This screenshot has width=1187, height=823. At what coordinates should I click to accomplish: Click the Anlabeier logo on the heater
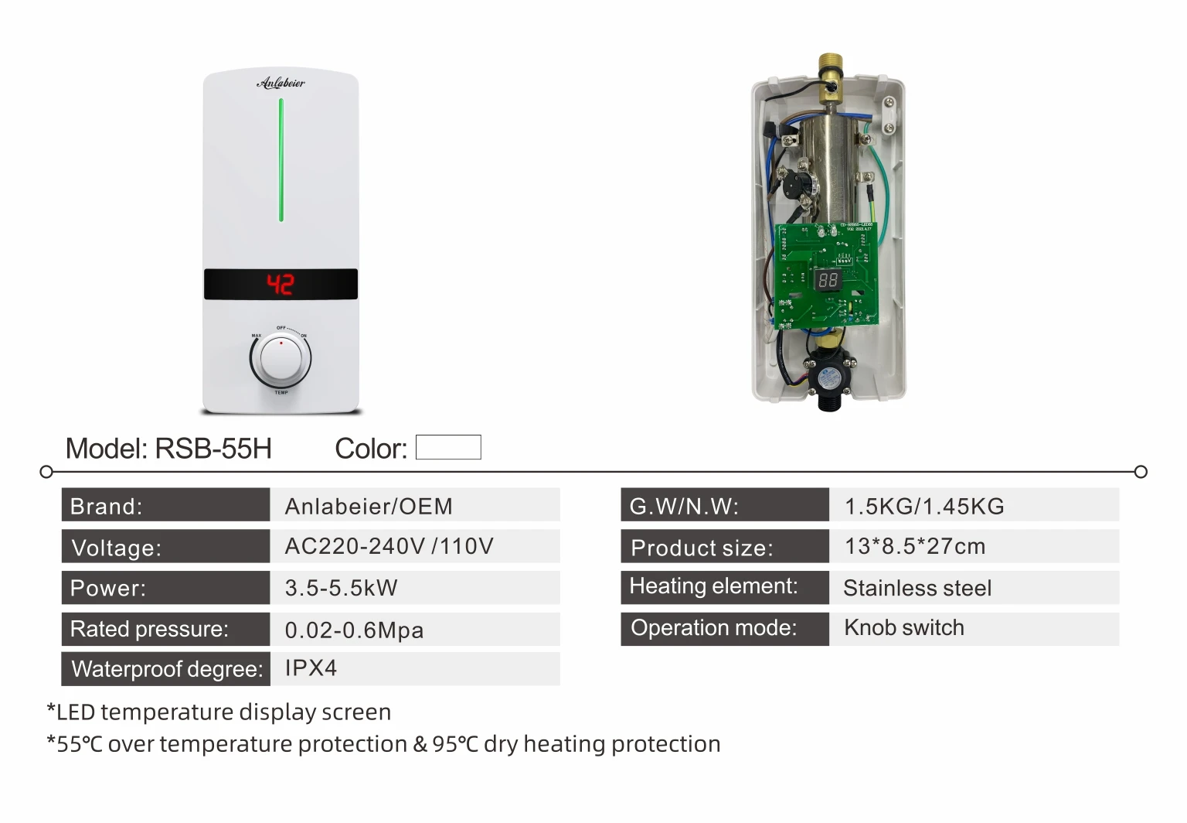point(281,82)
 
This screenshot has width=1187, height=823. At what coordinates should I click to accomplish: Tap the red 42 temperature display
point(280,285)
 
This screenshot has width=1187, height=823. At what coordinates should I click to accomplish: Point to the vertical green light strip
point(281,159)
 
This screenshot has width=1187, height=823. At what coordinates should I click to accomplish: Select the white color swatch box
point(448,447)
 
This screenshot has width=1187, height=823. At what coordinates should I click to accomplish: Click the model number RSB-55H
point(213,449)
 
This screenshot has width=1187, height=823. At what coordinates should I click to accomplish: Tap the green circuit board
point(827,275)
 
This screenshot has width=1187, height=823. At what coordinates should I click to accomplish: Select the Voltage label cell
point(165,547)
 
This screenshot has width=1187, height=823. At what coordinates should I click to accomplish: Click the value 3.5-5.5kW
point(341,588)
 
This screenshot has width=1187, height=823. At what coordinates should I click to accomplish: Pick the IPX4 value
point(311,668)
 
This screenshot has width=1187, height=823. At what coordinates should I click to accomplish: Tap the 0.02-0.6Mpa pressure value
point(354,630)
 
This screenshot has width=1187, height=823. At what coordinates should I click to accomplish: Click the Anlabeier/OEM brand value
point(369,506)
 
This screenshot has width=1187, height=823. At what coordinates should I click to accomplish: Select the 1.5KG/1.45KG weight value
point(924,506)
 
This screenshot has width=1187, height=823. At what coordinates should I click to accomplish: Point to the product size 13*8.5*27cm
point(915,546)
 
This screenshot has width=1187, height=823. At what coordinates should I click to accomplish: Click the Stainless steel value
point(917,588)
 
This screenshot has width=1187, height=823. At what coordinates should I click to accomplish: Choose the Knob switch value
point(904,627)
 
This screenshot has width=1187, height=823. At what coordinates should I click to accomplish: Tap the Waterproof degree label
point(167,668)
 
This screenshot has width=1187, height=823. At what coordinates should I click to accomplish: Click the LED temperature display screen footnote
point(219,712)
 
